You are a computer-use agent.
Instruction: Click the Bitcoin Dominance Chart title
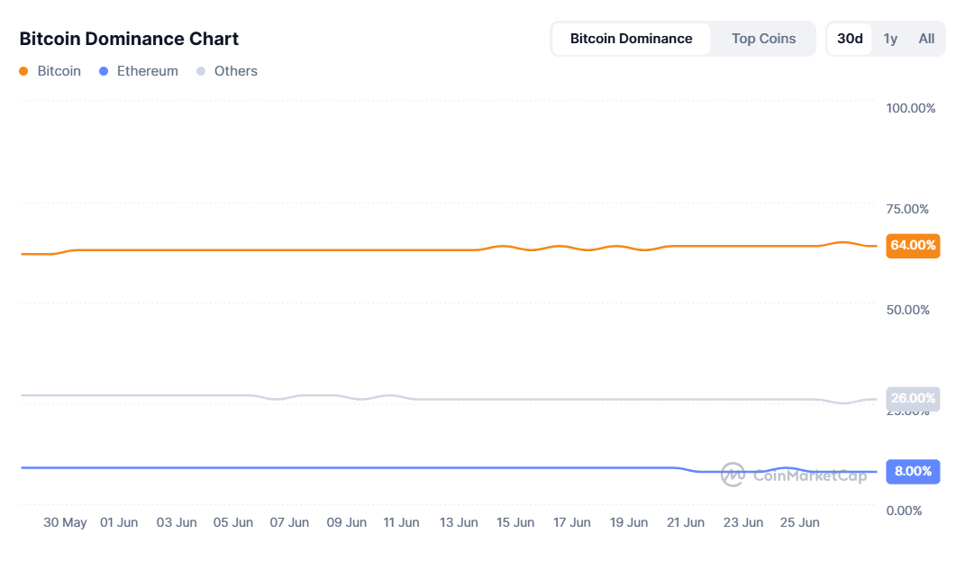click(129, 39)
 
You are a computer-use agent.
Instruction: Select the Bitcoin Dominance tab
click(631, 39)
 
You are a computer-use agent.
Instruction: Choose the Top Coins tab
click(763, 39)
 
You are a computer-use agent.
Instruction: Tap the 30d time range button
click(850, 39)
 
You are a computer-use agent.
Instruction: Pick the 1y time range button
click(890, 39)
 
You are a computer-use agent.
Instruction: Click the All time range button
click(926, 39)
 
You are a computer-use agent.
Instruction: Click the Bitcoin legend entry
click(50, 71)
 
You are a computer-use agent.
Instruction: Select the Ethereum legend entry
click(139, 71)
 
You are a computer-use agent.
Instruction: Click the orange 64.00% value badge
click(913, 245)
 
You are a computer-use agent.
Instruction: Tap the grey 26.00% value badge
click(913, 398)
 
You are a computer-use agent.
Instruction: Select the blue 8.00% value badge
click(913, 471)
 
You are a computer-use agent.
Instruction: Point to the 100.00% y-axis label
click(910, 108)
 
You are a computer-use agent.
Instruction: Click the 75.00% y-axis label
click(907, 209)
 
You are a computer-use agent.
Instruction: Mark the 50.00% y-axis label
click(907, 310)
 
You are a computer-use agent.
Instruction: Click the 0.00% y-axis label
click(904, 511)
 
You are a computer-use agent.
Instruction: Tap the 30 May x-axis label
click(65, 522)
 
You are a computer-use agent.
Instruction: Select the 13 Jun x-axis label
click(459, 522)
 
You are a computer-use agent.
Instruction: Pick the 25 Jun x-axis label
click(799, 522)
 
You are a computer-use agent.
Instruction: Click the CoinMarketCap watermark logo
click(794, 475)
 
